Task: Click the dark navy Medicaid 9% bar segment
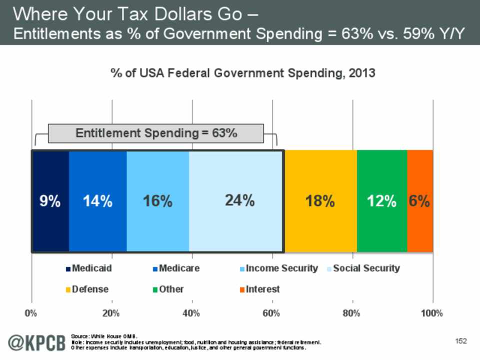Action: tap(50, 201)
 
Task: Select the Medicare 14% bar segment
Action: tap(98, 201)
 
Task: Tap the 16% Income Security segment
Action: tap(158, 201)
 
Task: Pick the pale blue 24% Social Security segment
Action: tap(236, 201)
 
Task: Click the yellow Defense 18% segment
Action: tap(320, 201)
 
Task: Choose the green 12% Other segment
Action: tap(382, 201)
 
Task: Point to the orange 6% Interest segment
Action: tap(420, 201)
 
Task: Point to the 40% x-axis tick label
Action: tap(192, 313)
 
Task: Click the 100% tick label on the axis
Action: tap(432, 313)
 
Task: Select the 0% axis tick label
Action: tap(31, 313)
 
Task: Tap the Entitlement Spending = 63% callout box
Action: tap(155, 133)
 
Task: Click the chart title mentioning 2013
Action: tap(242, 73)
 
